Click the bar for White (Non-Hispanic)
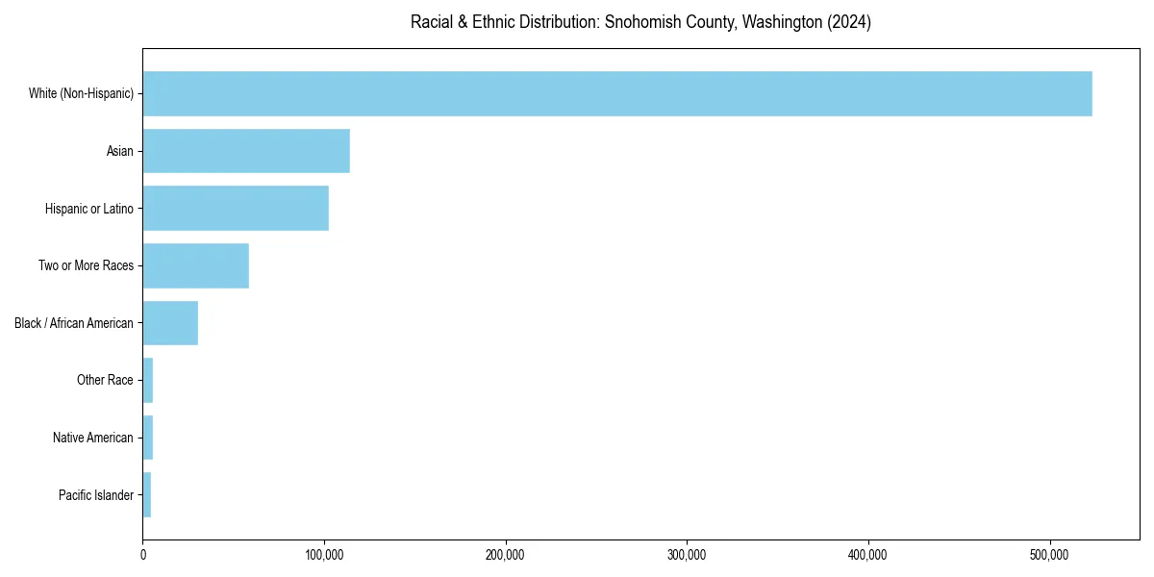[x=616, y=93]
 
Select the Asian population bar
[x=246, y=151]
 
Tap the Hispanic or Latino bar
[x=236, y=209]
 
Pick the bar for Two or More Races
[x=196, y=265]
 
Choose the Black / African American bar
[x=170, y=323]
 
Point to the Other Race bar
[x=148, y=380]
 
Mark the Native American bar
[x=148, y=438]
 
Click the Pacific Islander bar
[x=147, y=495]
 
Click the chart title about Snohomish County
[x=640, y=22]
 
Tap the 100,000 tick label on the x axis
[x=324, y=555]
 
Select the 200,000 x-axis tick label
[x=506, y=555]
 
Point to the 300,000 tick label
[x=687, y=555]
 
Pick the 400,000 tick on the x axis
[x=868, y=555]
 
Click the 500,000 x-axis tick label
[x=1050, y=555]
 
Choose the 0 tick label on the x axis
[x=143, y=555]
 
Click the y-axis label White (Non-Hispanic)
[x=81, y=93]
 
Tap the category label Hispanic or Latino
[x=88, y=209]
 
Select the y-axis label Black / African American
[x=74, y=323]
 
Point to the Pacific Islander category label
[x=95, y=495]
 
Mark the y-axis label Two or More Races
[x=86, y=265]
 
